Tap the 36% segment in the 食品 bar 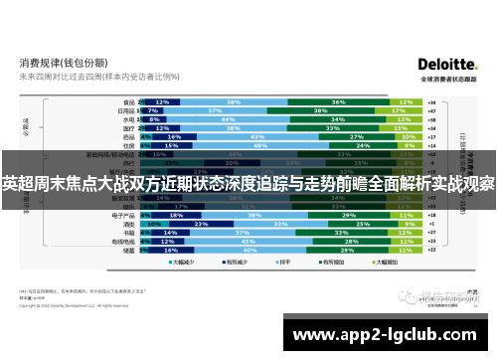click(339, 101)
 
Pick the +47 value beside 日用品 click(432, 110)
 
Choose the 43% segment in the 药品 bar click(257, 137)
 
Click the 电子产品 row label click(122, 215)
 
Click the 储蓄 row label click(128, 251)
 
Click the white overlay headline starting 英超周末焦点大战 click(248, 184)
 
